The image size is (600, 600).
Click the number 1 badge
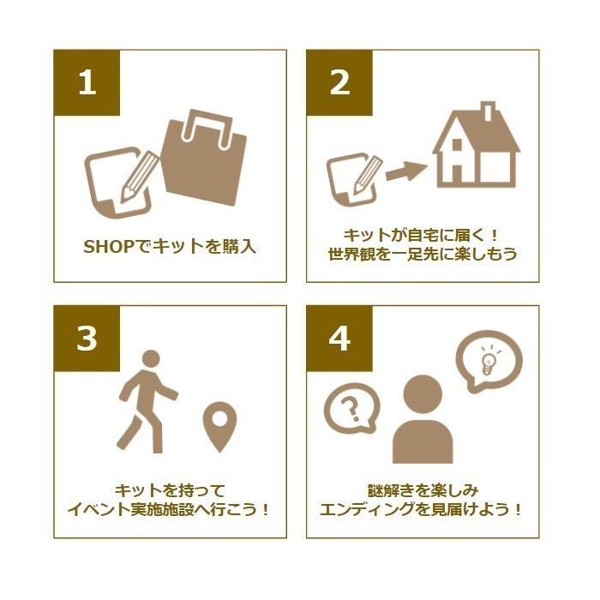(87, 82)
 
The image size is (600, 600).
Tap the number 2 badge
(339, 82)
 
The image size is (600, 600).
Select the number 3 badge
(87, 339)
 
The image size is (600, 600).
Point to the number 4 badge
(339, 339)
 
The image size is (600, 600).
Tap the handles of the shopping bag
(207, 129)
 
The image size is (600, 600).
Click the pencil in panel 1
(139, 177)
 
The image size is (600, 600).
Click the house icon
(476, 146)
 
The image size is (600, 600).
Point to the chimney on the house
(488, 111)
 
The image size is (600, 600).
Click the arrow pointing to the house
(406, 171)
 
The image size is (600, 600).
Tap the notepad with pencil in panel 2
(354, 179)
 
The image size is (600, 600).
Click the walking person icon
(147, 402)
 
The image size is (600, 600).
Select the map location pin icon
(219, 426)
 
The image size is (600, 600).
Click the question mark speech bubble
(351, 408)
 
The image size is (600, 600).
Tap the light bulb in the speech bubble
(489, 361)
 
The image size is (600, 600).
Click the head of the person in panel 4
(423, 394)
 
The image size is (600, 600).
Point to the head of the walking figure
(151, 358)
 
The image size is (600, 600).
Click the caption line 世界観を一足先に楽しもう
(423, 254)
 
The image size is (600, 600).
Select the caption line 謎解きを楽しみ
(423, 490)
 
